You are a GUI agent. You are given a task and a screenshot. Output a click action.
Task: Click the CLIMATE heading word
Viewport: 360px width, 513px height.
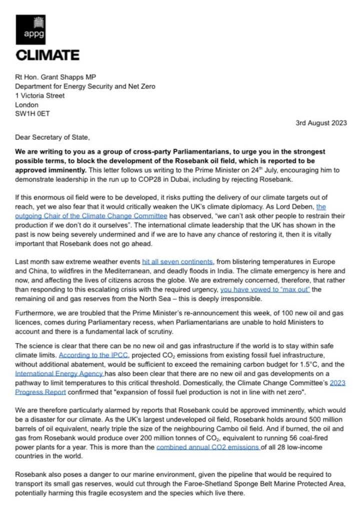click(x=48, y=55)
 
